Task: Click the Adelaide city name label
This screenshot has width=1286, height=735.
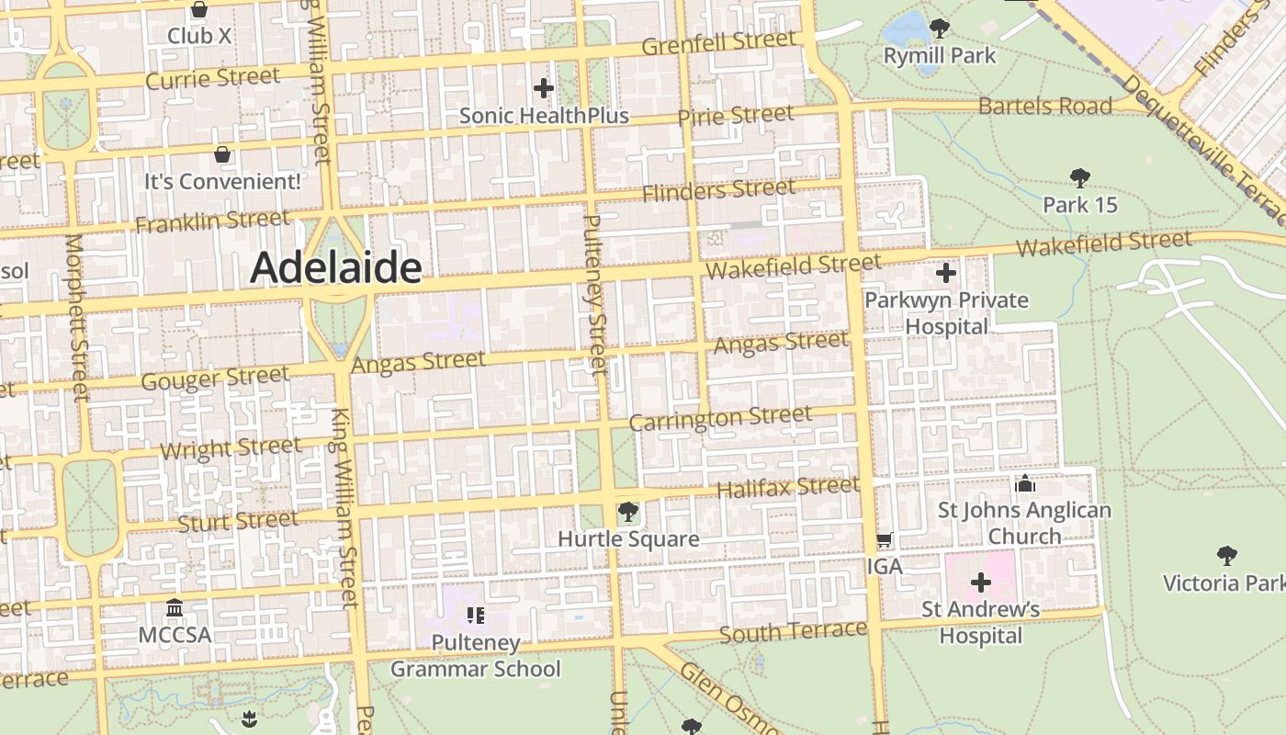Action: [x=335, y=267]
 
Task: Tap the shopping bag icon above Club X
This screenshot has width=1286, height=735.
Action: [x=199, y=10]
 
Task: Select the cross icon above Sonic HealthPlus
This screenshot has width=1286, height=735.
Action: [x=544, y=88]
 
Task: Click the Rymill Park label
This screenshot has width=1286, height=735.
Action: [x=939, y=56]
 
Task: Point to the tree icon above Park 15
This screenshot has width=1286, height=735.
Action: [x=1080, y=178]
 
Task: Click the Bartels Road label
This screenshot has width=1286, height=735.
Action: [x=1044, y=106]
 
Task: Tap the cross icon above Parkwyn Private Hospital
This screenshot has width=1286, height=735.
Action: [x=946, y=273]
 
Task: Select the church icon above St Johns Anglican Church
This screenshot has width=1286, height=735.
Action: [x=1024, y=483]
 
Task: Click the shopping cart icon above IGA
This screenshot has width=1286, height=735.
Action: [x=884, y=540]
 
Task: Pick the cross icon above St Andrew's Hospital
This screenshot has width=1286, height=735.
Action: [x=981, y=582]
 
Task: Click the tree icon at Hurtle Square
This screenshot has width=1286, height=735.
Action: [x=628, y=512]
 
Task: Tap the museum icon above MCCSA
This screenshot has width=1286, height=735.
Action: [x=175, y=608]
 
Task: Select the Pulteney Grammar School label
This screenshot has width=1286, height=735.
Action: [x=475, y=655]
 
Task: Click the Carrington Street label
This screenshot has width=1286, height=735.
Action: [x=720, y=418]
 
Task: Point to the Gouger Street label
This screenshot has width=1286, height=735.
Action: [x=215, y=378]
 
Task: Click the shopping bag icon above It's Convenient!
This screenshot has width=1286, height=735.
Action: [x=221, y=154]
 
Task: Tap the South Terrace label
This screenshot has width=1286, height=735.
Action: [x=793, y=632]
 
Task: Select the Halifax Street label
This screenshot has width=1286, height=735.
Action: [x=787, y=487]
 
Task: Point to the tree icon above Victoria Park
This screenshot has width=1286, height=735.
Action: [x=1226, y=555]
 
